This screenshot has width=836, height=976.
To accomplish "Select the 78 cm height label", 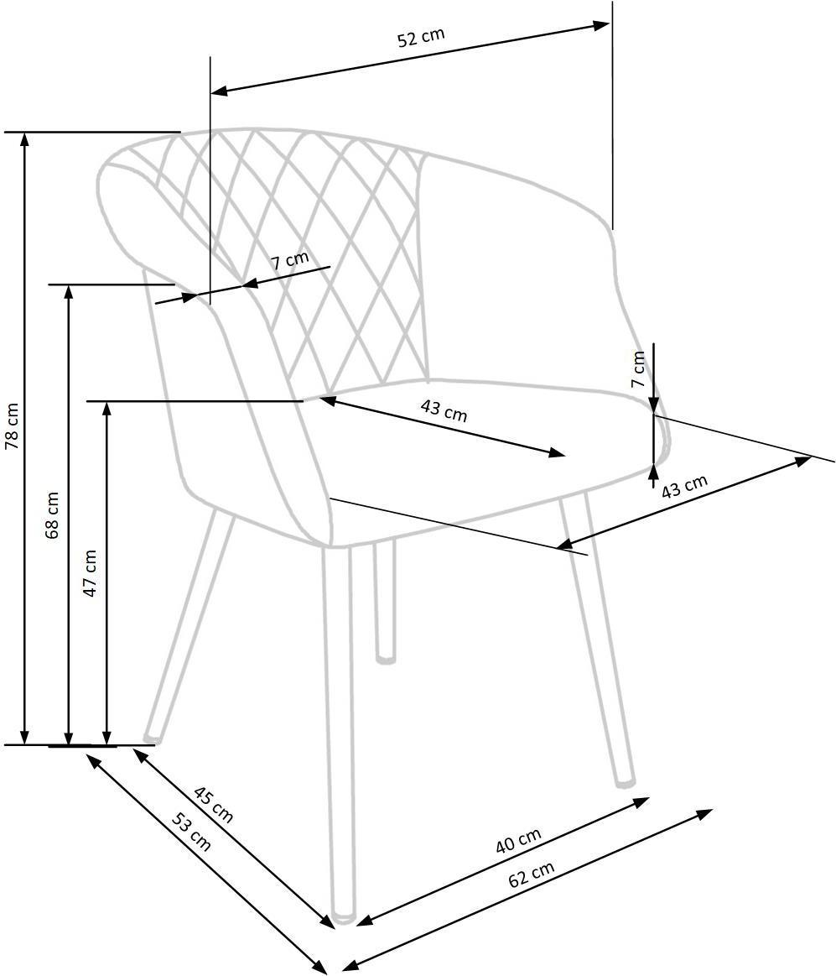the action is tap(13, 426).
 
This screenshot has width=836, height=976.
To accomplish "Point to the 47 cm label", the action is tap(91, 573).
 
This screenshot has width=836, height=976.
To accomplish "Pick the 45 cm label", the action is tap(213, 805).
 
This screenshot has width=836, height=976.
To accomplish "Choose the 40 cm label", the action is tap(518, 840).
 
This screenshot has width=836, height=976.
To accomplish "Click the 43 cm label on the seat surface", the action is tap(444, 410).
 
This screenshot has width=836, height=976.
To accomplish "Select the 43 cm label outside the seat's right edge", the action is tap(684, 487).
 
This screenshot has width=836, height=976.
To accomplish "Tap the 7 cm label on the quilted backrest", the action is tap(290, 259).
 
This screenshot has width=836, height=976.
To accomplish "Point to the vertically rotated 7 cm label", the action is tap(638, 369).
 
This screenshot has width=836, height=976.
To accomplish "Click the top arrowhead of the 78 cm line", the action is tap(25, 138).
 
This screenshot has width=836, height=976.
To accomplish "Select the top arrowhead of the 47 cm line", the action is tap(107, 409).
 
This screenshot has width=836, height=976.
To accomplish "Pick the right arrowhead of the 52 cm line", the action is tap(601, 25).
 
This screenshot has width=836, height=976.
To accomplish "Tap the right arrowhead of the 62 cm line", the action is tap(704, 814).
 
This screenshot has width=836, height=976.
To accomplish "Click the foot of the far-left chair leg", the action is tap(150, 739).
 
